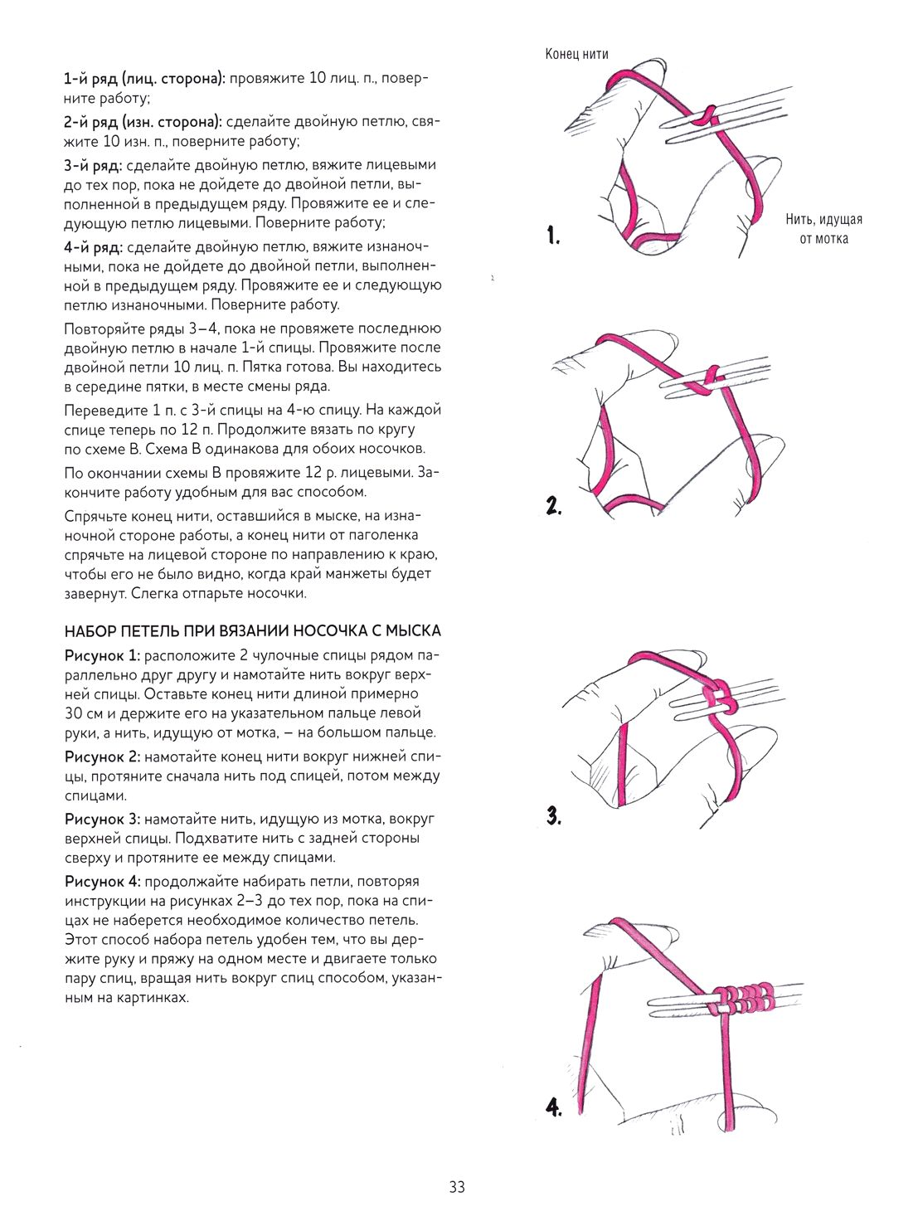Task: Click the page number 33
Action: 457,1187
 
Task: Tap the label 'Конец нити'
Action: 576,54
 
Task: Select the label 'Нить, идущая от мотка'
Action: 823,229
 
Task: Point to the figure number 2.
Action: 554,505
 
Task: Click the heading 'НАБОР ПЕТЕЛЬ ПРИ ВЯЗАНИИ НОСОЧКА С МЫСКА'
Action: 252,631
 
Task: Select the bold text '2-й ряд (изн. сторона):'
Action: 143,122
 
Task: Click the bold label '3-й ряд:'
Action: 93,165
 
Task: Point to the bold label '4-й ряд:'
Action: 93,247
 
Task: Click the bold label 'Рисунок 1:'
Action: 102,655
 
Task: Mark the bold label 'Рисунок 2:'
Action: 103,757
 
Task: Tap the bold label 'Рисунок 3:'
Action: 103,819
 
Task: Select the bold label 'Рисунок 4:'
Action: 103,882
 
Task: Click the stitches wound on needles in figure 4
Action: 743,996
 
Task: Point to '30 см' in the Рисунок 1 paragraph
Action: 83,713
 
